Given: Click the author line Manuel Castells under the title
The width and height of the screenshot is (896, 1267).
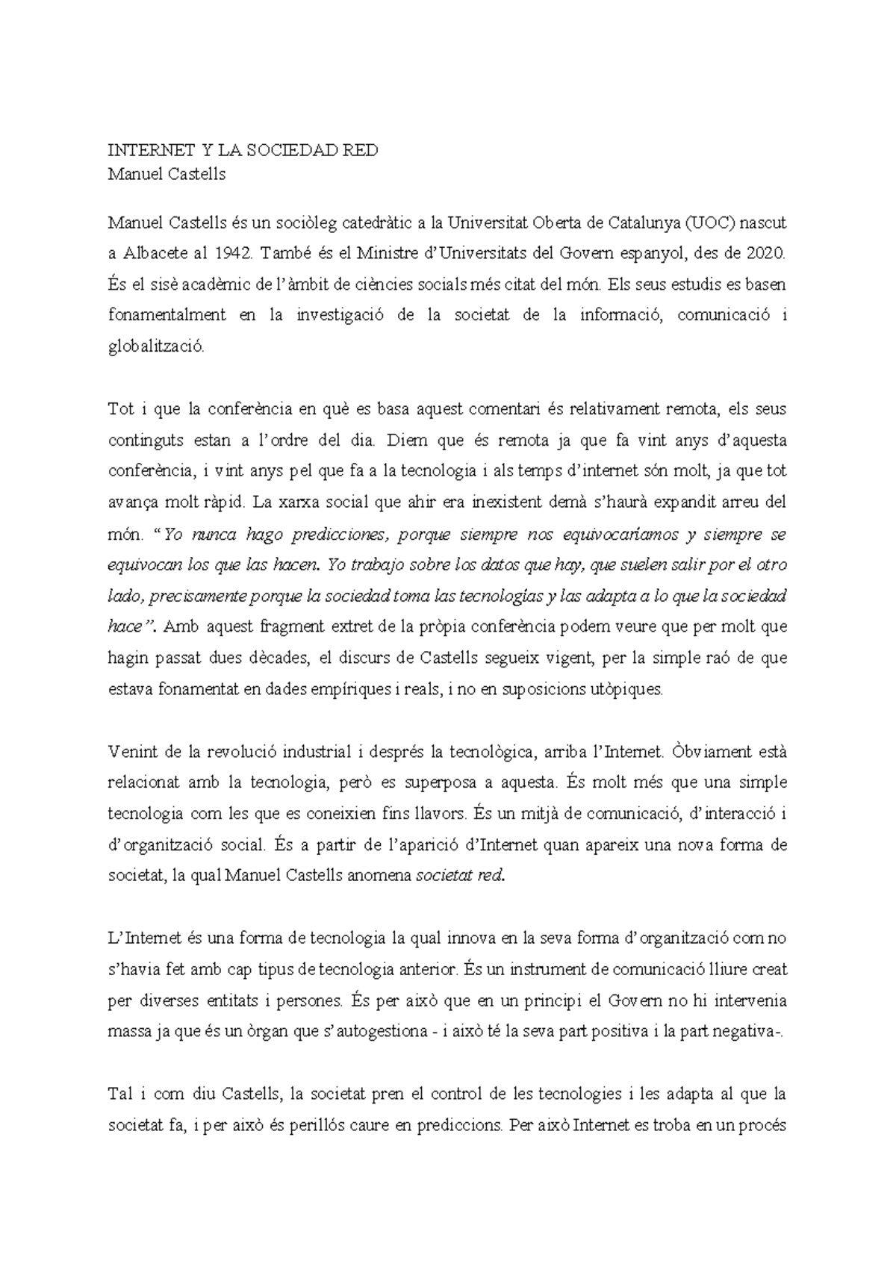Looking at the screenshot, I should coord(167,175).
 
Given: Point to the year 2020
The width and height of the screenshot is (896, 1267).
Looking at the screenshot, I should coord(765,253).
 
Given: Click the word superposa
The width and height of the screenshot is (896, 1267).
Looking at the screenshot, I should coord(441,783).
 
